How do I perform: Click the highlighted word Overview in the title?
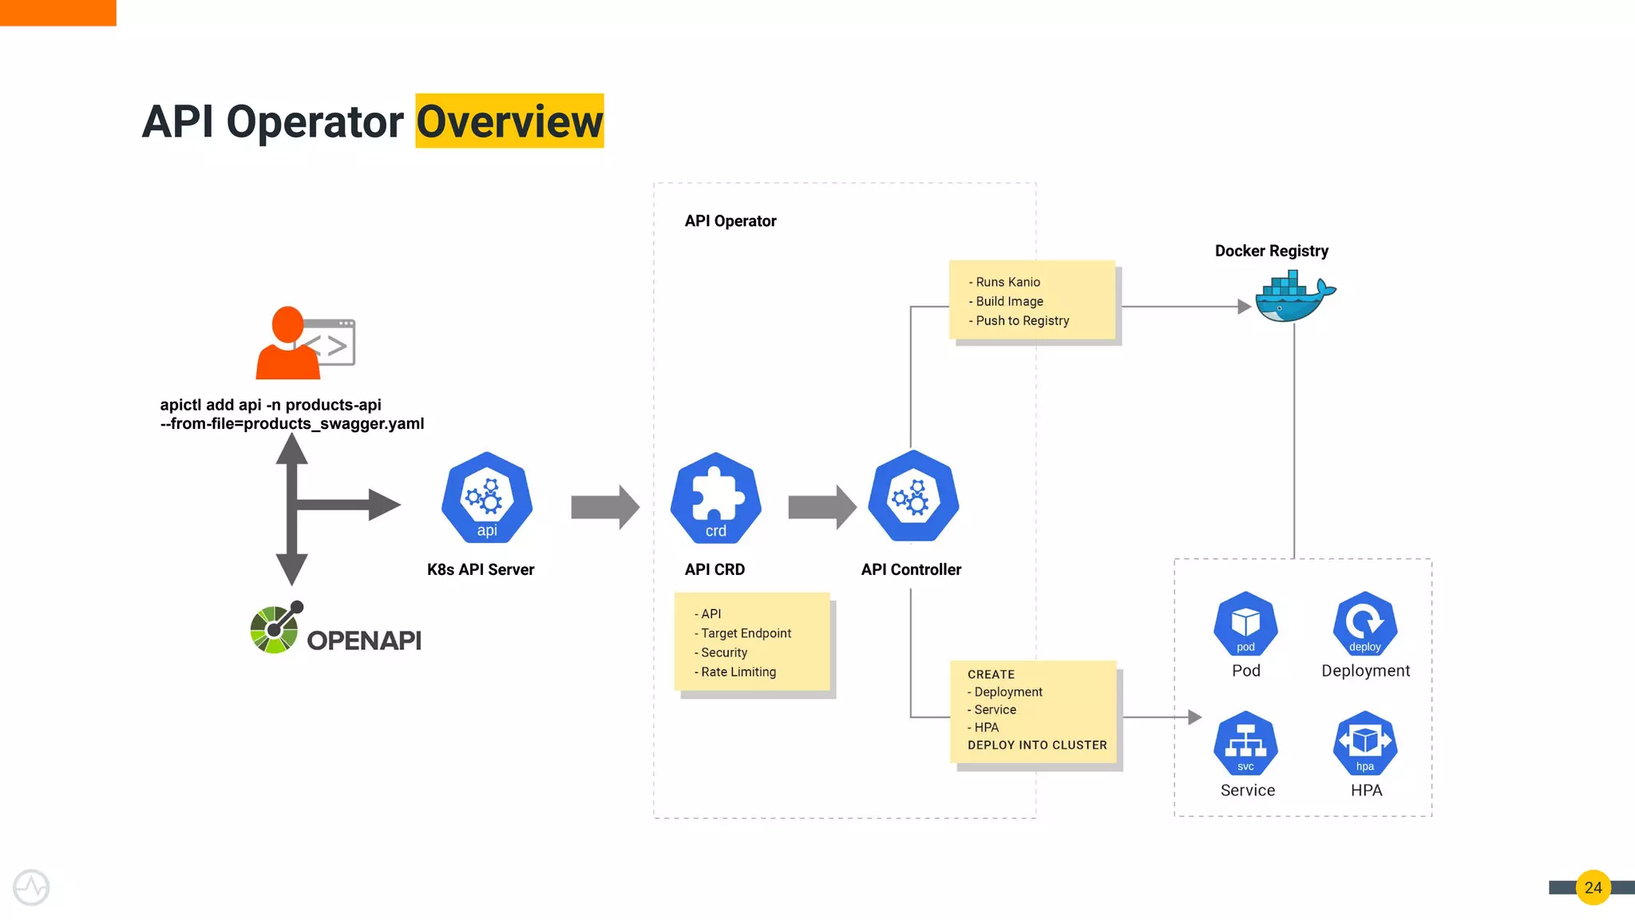509,121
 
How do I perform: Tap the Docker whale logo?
1292,298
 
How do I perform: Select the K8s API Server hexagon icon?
487,498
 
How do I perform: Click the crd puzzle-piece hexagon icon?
715,498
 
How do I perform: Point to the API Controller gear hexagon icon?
913,497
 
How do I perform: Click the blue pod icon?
1245,624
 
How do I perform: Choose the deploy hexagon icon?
1364,624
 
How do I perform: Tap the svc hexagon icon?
1245,744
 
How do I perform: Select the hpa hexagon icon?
1364,744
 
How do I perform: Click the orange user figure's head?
287,324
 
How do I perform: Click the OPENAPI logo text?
364,640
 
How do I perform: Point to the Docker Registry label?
1271,251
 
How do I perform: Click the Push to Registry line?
1022,321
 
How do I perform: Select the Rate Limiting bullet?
738,672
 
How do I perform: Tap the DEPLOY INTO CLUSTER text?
1037,745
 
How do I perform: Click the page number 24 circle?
1593,887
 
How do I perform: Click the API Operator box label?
730,221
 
